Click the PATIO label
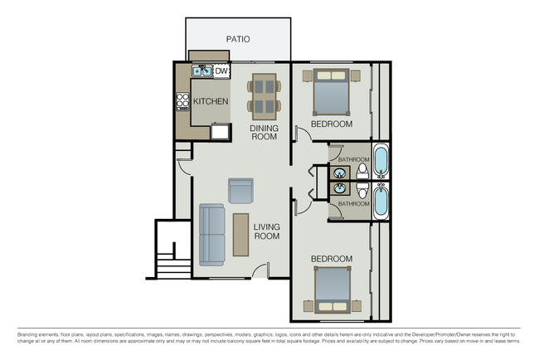pos(238,39)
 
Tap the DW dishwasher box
pos(221,72)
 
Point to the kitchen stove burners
pos(182,101)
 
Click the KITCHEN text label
pos(211,101)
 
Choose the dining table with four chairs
pos(265,94)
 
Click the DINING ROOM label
pos(263,134)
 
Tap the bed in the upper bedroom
pos(332,91)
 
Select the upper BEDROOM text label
pos(332,124)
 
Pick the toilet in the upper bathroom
pos(362,173)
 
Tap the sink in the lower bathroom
pos(340,189)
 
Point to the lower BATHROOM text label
pos(352,204)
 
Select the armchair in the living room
pos(240,191)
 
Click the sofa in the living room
pos(211,234)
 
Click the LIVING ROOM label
pos(266,231)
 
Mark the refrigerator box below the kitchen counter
pos(221,130)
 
